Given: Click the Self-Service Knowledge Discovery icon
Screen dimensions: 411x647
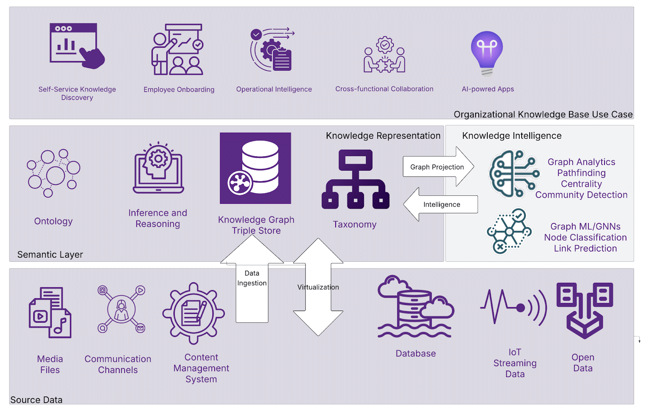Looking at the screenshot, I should (76, 46).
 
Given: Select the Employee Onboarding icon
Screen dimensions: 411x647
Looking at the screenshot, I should (177, 50).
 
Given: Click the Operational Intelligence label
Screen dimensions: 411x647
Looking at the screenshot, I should (274, 89).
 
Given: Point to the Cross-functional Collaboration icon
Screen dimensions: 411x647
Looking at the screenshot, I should (384, 55).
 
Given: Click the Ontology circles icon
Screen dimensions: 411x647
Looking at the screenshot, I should (53, 173).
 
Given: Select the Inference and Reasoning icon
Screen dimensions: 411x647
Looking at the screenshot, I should (158, 168).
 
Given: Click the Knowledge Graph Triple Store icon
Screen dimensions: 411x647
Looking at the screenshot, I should (255, 168).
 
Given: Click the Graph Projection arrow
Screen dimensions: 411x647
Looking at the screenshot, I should (438, 167).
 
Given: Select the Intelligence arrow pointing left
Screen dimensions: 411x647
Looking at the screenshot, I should (441, 204).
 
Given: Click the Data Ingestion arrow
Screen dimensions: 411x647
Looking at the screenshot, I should (252, 279).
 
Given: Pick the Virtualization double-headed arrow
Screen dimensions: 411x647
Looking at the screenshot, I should (318, 287).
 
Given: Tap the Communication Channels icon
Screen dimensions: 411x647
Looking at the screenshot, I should (121, 309).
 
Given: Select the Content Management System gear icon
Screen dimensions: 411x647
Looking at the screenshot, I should (194, 313).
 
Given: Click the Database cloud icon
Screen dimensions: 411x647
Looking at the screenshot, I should (415, 307).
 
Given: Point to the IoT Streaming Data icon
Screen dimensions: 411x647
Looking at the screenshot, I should (514, 307).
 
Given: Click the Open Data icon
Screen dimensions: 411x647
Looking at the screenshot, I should (584, 309).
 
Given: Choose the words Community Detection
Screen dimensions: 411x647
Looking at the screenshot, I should (581, 195).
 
